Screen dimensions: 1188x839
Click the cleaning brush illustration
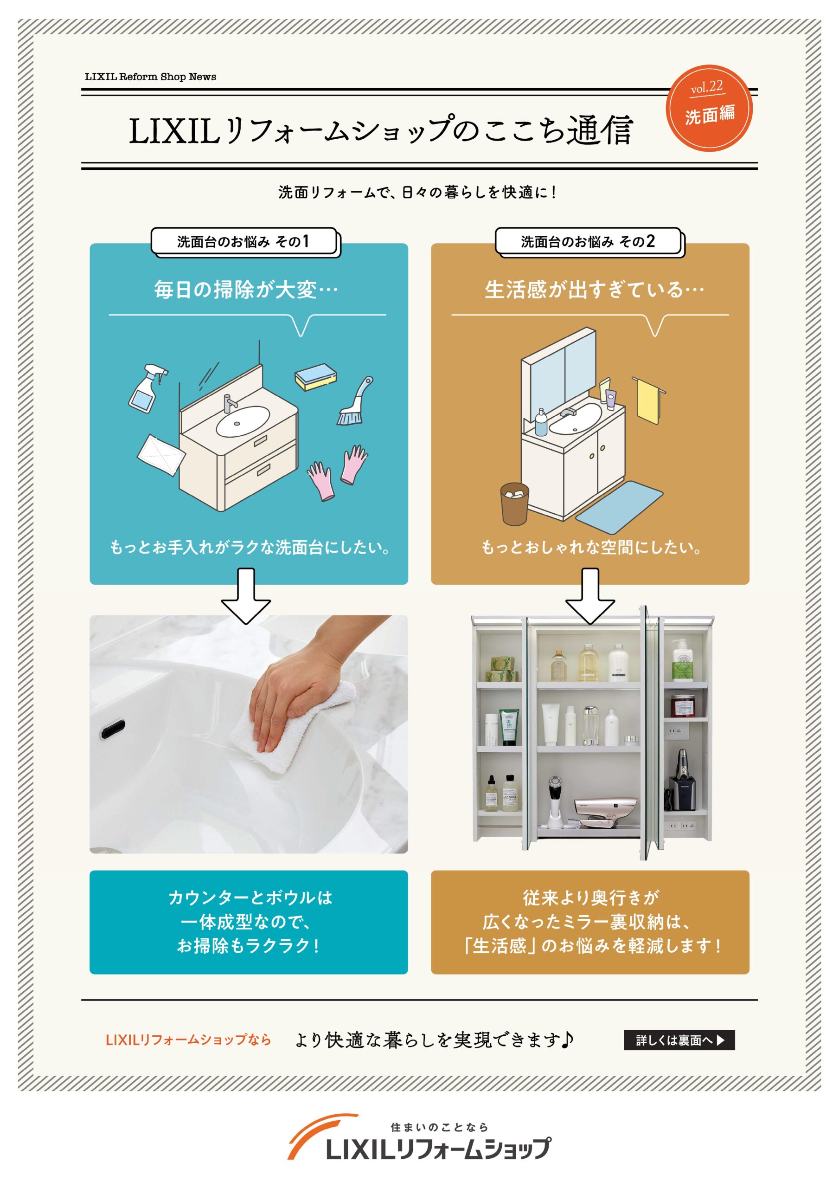(x=354, y=402)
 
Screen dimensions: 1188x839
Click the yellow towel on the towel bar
(x=647, y=401)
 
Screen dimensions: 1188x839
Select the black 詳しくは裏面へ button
(x=679, y=1040)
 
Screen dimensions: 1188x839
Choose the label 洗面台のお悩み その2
(x=588, y=241)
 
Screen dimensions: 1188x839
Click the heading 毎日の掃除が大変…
(x=246, y=290)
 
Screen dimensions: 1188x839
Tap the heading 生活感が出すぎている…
(x=594, y=290)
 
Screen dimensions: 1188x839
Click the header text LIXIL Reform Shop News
(x=151, y=77)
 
